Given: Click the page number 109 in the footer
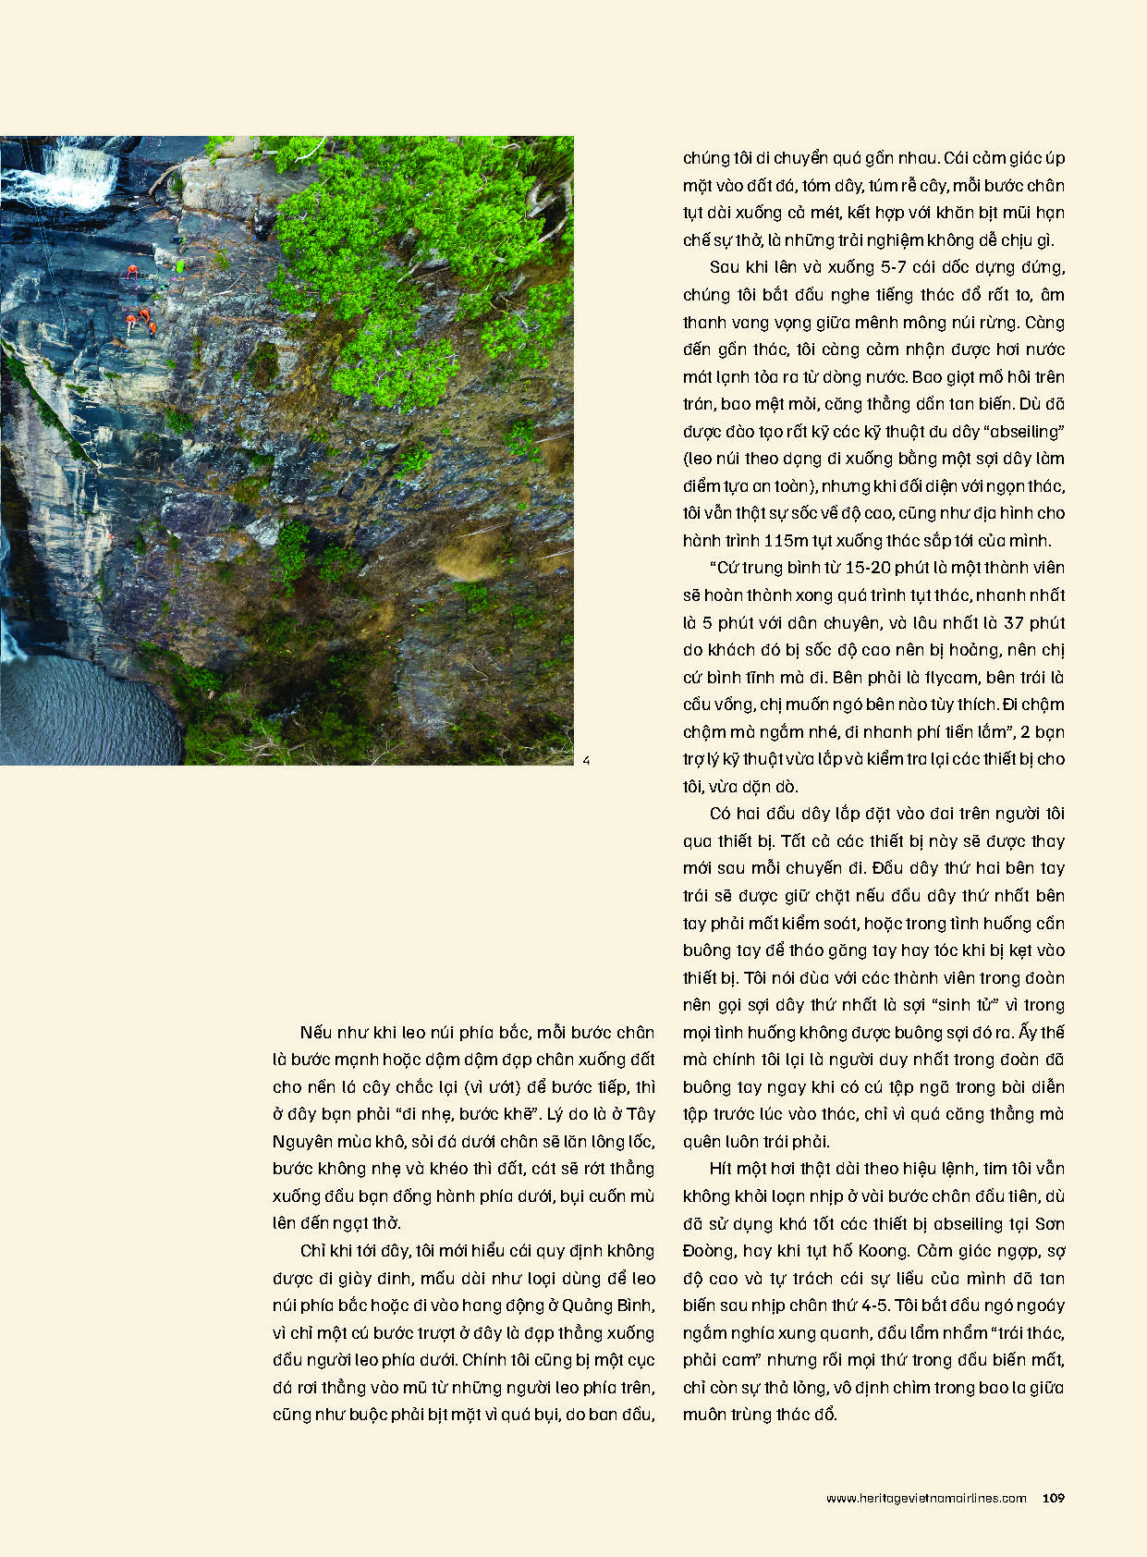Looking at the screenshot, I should click(x=1053, y=1498).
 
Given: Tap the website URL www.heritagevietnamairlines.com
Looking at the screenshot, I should click(x=925, y=1499).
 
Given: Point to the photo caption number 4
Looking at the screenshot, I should click(x=586, y=761).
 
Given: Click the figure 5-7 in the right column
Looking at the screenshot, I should click(x=897, y=267).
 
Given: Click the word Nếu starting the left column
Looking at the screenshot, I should click(x=315, y=1033).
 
